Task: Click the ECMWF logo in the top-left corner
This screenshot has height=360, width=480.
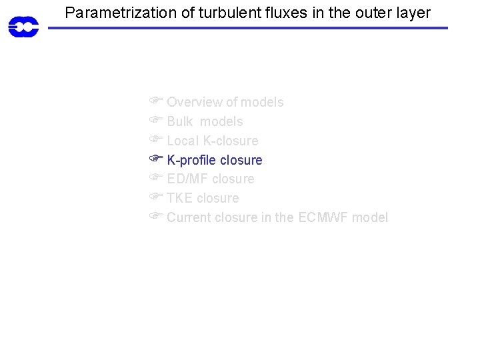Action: pyautogui.click(x=23, y=27)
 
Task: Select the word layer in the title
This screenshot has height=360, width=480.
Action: pyautogui.click(x=413, y=12)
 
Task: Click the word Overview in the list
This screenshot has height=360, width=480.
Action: pyautogui.click(x=194, y=102)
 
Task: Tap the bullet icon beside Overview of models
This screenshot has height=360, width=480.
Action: pyautogui.click(x=156, y=101)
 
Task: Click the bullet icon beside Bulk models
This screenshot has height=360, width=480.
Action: pyautogui.click(x=156, y=121)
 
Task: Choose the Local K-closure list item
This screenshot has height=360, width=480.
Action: pyautogui.click(x=212, y=141)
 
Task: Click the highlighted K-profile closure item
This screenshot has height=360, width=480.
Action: pyautogui.click(x=214, y=160)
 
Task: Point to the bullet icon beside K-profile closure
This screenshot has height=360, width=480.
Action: pyautogui.click(x=156, y=159)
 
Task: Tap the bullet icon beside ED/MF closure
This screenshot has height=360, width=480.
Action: pyautogui.click(x=156, y=178)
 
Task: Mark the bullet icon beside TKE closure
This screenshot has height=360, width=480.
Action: pyautogui.click(x=156, y=197)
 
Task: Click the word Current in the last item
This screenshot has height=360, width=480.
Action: pyautogui.click(x=188, y=217)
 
